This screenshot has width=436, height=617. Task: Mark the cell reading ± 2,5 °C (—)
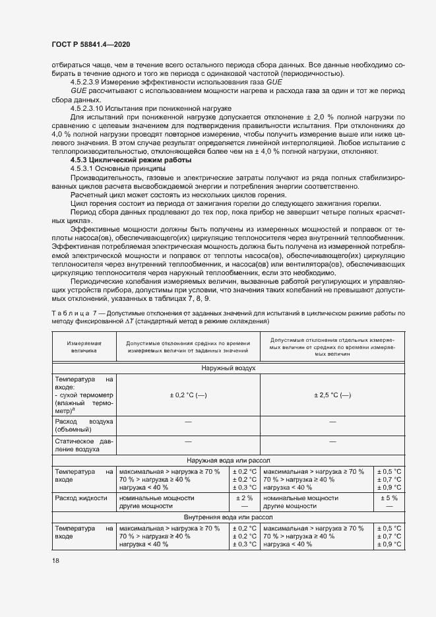(x=332, y=395)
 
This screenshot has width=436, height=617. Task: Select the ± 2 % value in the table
(x=244, y=498)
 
